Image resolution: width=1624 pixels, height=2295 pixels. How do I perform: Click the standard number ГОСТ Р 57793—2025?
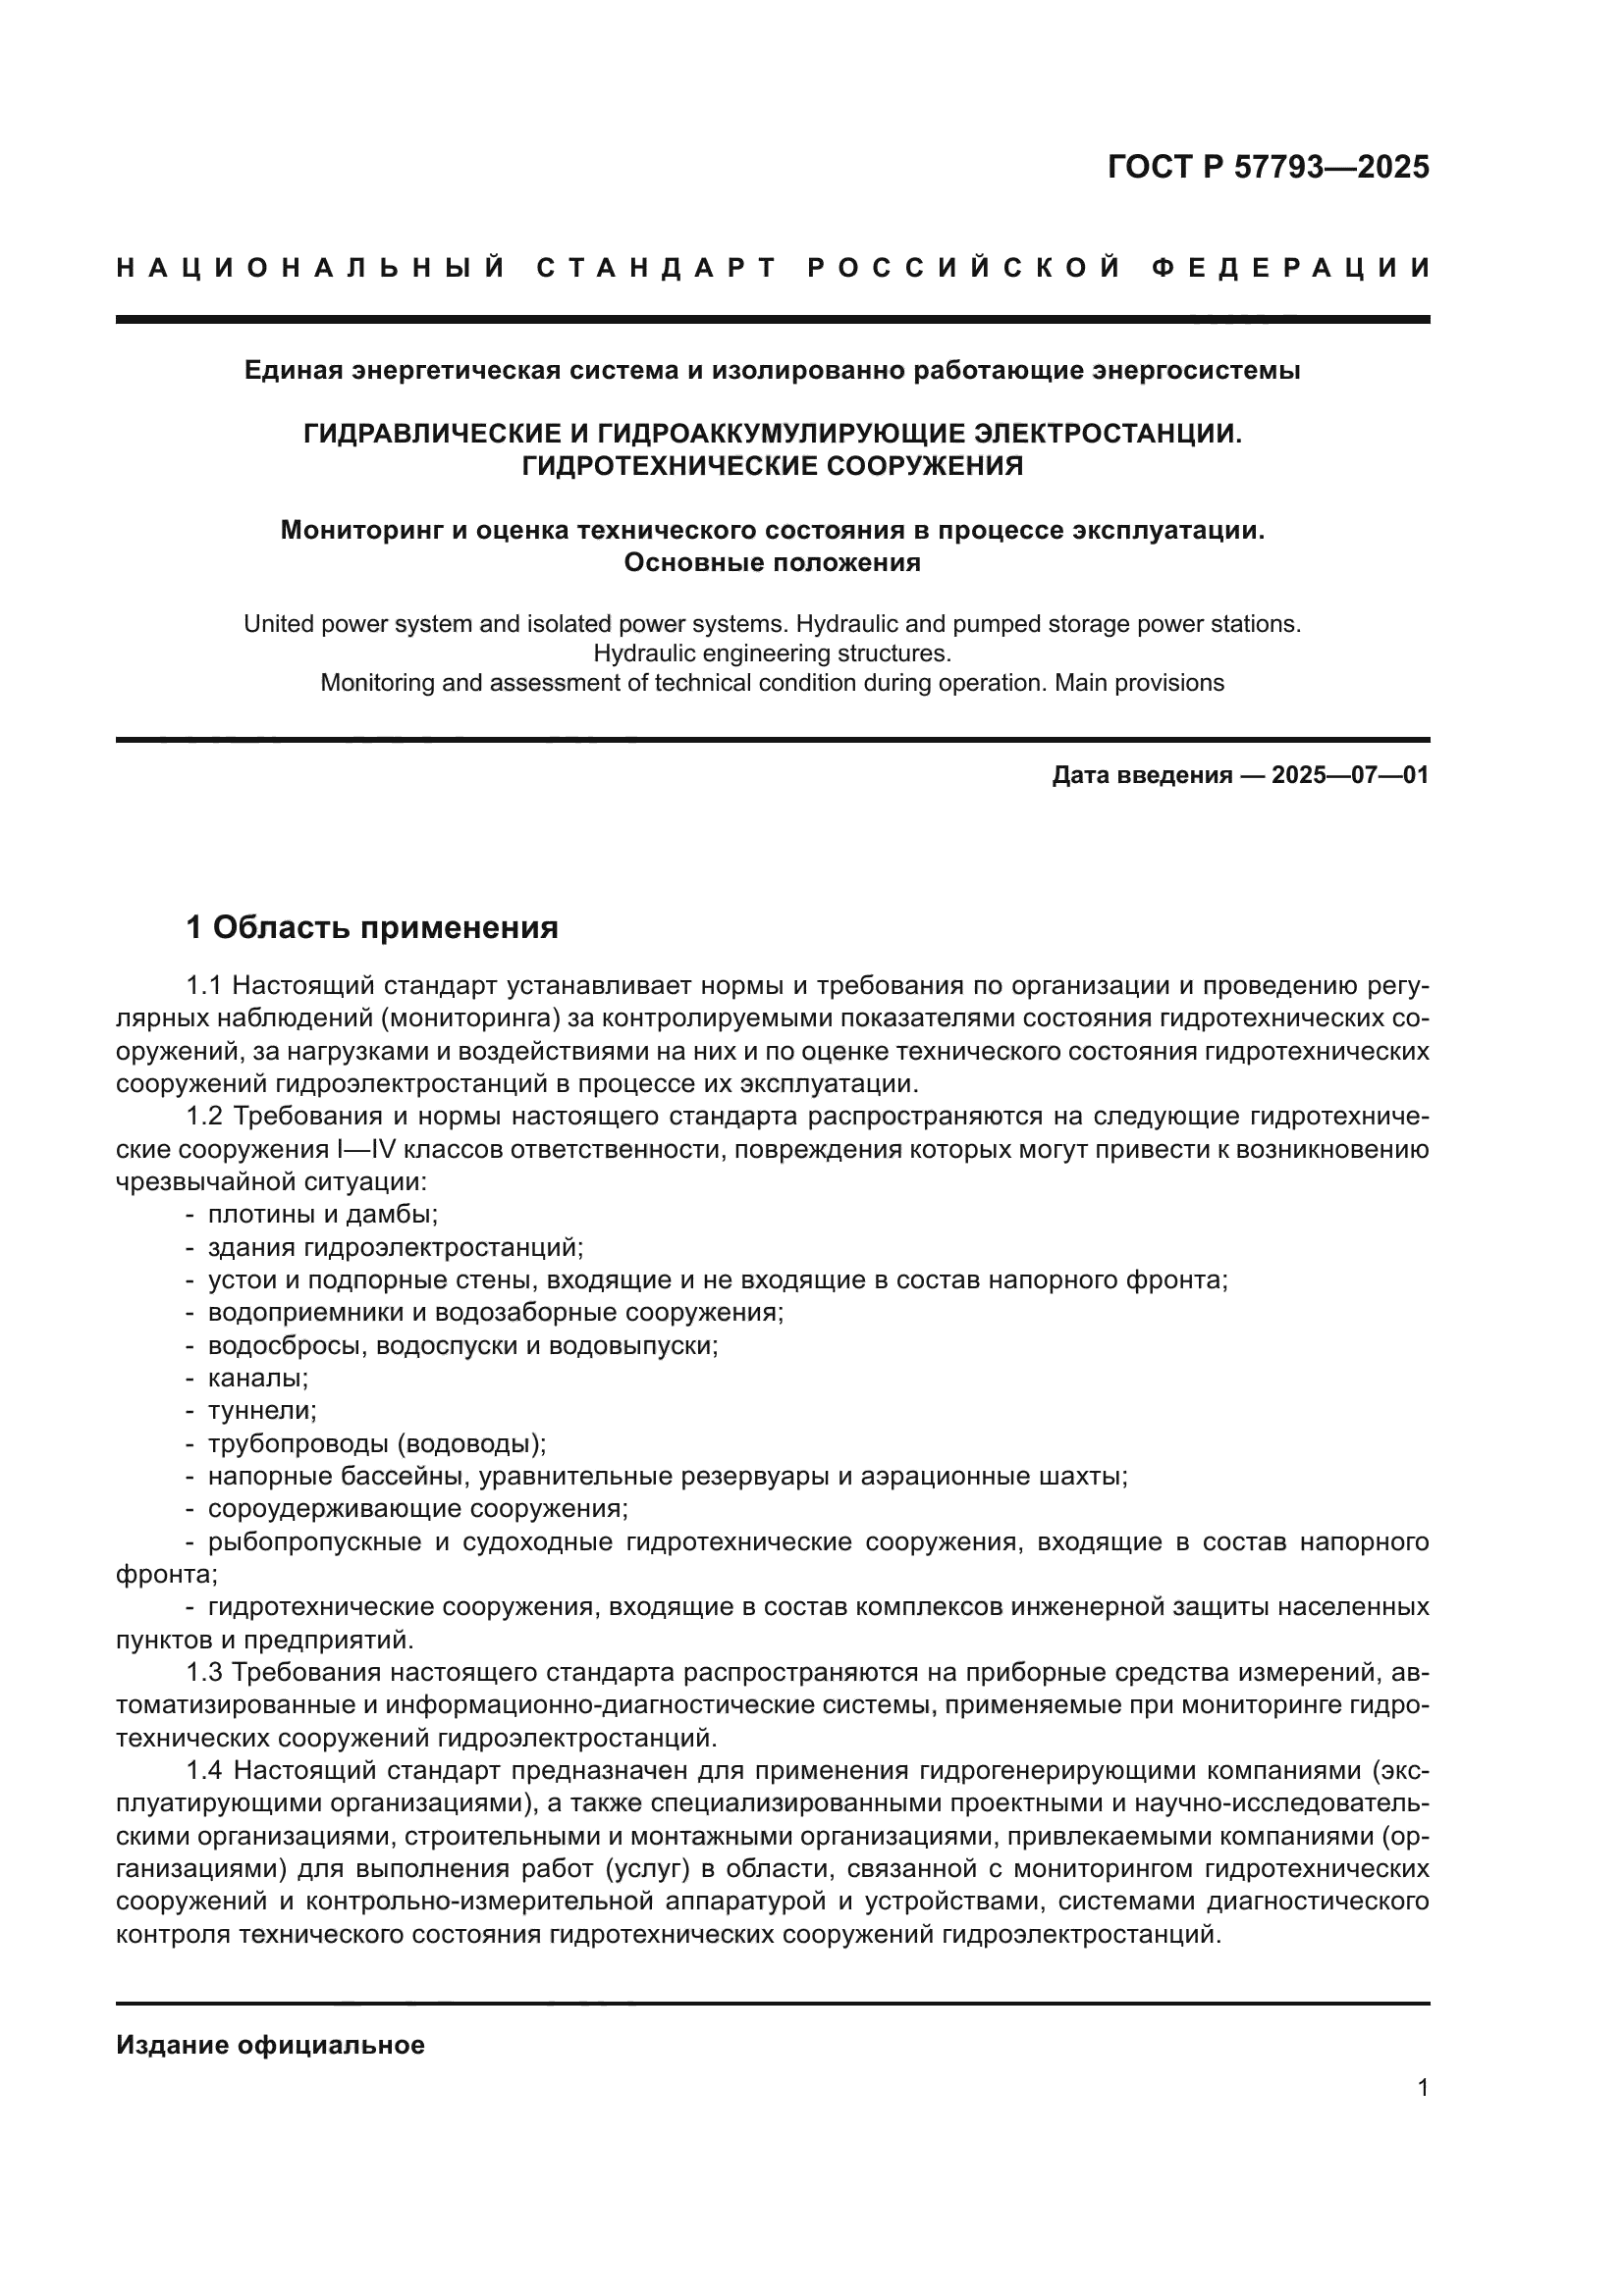(x=1268, y=167)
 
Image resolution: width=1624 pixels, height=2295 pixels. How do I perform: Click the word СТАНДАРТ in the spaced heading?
(x=656, y=268)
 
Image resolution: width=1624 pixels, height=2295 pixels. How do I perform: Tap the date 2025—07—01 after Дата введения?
(x=1350, y=775)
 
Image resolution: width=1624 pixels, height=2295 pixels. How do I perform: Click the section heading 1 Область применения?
(x=372, y=927)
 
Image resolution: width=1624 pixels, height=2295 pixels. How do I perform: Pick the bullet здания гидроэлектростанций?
(x=395, y=1247)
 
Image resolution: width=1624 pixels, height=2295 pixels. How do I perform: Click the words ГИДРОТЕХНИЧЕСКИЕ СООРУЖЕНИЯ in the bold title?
(x=772, y=467)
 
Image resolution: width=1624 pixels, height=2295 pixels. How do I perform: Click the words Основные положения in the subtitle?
(x=772, y=563)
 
